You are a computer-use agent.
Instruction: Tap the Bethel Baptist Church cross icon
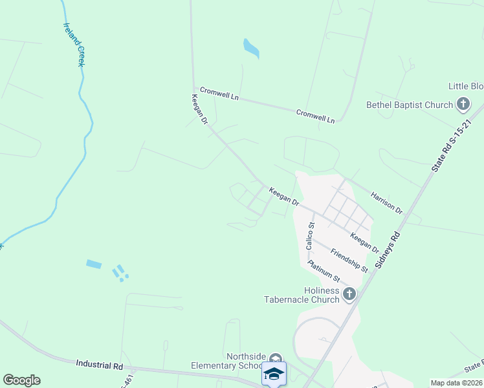(x=463, y=103)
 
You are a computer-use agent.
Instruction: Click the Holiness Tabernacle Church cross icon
(x=349, y=295)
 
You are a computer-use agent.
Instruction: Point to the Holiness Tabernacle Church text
(x=302, y=296)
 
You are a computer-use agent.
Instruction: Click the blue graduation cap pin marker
(x=274, y=374)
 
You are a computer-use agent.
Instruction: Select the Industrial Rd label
(x=99, y=365)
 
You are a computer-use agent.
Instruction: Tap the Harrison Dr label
(x=386, y=201)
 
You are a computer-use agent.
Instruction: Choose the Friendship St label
(x=349, y=260)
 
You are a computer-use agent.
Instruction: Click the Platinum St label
(x=324, y=270)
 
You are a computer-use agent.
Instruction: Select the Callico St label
(x=310, y=236)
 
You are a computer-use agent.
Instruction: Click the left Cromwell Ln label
(x=219, y=94)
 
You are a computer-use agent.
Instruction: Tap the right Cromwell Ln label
(x=316, y=116)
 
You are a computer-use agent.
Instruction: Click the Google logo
(x=21, y=380)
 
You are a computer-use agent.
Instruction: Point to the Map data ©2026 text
(x=456, y=383)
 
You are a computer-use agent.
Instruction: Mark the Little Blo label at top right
(x=466, y=86)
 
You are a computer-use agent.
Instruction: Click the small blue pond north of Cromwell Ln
(x=250, y=48)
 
